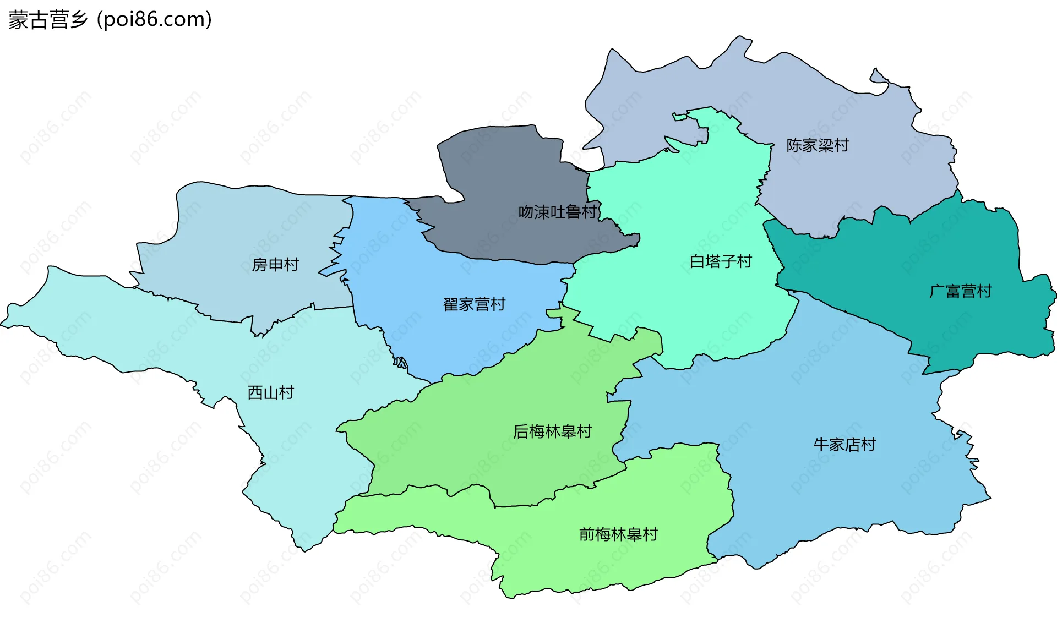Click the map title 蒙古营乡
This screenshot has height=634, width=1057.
(x=48, y=20)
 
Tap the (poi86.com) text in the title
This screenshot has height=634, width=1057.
(x=154, y=20)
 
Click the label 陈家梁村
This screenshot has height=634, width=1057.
(x=818, y=145)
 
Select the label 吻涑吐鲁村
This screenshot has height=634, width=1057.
(x=558, y=212)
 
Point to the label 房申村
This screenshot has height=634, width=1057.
(x=275, y=265)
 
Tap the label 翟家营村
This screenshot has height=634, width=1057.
(x=474, y=304)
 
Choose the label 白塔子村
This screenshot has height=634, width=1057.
(x=721, y=261)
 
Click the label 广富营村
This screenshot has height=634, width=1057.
(x=961, y=291)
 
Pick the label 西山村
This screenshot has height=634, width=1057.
(x=271, y=392)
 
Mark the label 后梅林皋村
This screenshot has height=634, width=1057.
(x=552, y=431)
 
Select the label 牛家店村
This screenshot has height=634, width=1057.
(x=844, y=444)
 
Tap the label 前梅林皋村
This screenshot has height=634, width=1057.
(x=618, y=534)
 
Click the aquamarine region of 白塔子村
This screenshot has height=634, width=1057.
(x=677, y=209)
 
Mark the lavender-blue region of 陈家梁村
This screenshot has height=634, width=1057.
(x=716, y=83)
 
